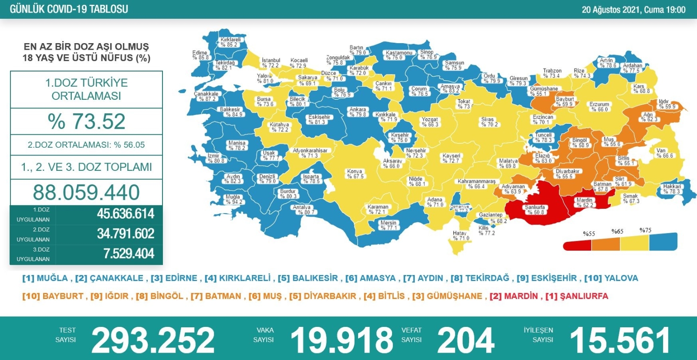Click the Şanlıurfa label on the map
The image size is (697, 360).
[x=535, y=210]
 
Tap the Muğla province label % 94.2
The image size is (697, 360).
[x=234, y=199]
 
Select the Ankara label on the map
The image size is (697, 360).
[x=358, y=112]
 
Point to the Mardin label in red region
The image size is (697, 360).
[x=585, y=202]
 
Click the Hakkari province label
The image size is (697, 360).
[x=671, y=189]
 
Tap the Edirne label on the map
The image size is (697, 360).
[x=200, y=55]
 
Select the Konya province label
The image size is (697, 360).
[x=355, y=174]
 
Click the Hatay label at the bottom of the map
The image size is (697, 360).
[x=460, y=236]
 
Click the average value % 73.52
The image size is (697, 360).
[x=87, y=121]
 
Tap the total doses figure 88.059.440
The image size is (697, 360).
[x=86, y=192]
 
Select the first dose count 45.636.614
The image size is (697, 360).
[x=125, y=214]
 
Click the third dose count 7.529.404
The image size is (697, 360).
[x=129, y=254]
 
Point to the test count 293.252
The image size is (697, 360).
[x=153, y=340]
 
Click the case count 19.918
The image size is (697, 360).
[x=342, y=340]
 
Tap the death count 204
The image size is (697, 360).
[x=466, y=340]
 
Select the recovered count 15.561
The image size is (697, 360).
[x=620, y=340]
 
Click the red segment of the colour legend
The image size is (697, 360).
[x=577, y=246]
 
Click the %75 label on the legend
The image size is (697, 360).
[x=645, y=230]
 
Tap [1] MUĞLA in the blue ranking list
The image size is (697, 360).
[x=45, y=278]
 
